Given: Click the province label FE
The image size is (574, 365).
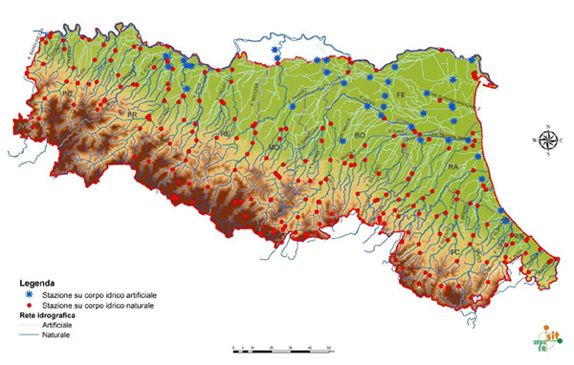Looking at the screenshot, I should tap(401, 97).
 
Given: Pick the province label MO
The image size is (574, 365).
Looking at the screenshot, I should tap(275, 148).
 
